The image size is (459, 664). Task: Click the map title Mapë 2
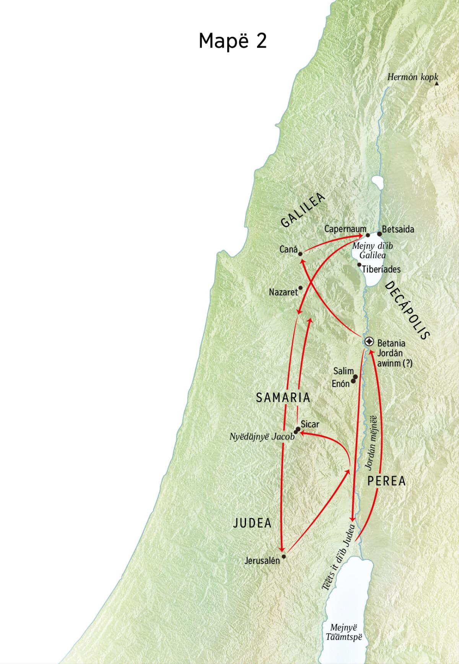point(233,41)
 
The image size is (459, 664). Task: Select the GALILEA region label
point(303,210)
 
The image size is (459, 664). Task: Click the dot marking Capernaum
point(368,235)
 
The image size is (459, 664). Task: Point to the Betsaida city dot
point(379,234)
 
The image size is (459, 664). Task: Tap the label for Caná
point(288,250)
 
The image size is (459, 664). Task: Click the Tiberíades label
point(381,269)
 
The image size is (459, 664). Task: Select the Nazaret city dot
point(300,288)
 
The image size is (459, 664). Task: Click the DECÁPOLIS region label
point(407,310)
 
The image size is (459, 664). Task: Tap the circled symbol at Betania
point(369,341)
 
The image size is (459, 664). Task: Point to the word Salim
point(343,371)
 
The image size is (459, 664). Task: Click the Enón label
point(340,383)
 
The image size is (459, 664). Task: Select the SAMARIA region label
point(283,398)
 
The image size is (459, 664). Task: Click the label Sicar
point(310,425)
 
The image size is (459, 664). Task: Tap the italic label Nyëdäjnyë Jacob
point(262,437)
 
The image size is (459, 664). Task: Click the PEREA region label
point(386,481)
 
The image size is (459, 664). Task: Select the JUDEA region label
point(252,523)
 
